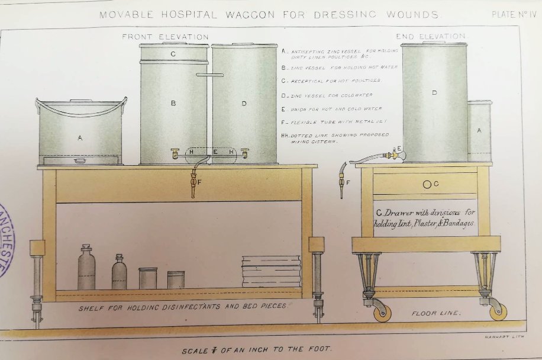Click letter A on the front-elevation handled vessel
(80, 137)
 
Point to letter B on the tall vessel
(173, 103)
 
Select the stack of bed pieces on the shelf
(272, 271)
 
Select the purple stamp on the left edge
(6, 240)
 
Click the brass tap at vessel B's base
(175, 153)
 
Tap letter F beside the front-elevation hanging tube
(199, 182)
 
